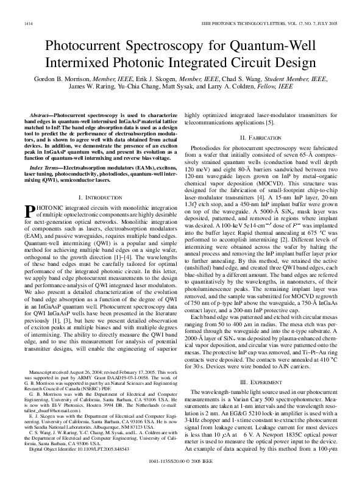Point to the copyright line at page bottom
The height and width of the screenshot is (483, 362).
[181, 471]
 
